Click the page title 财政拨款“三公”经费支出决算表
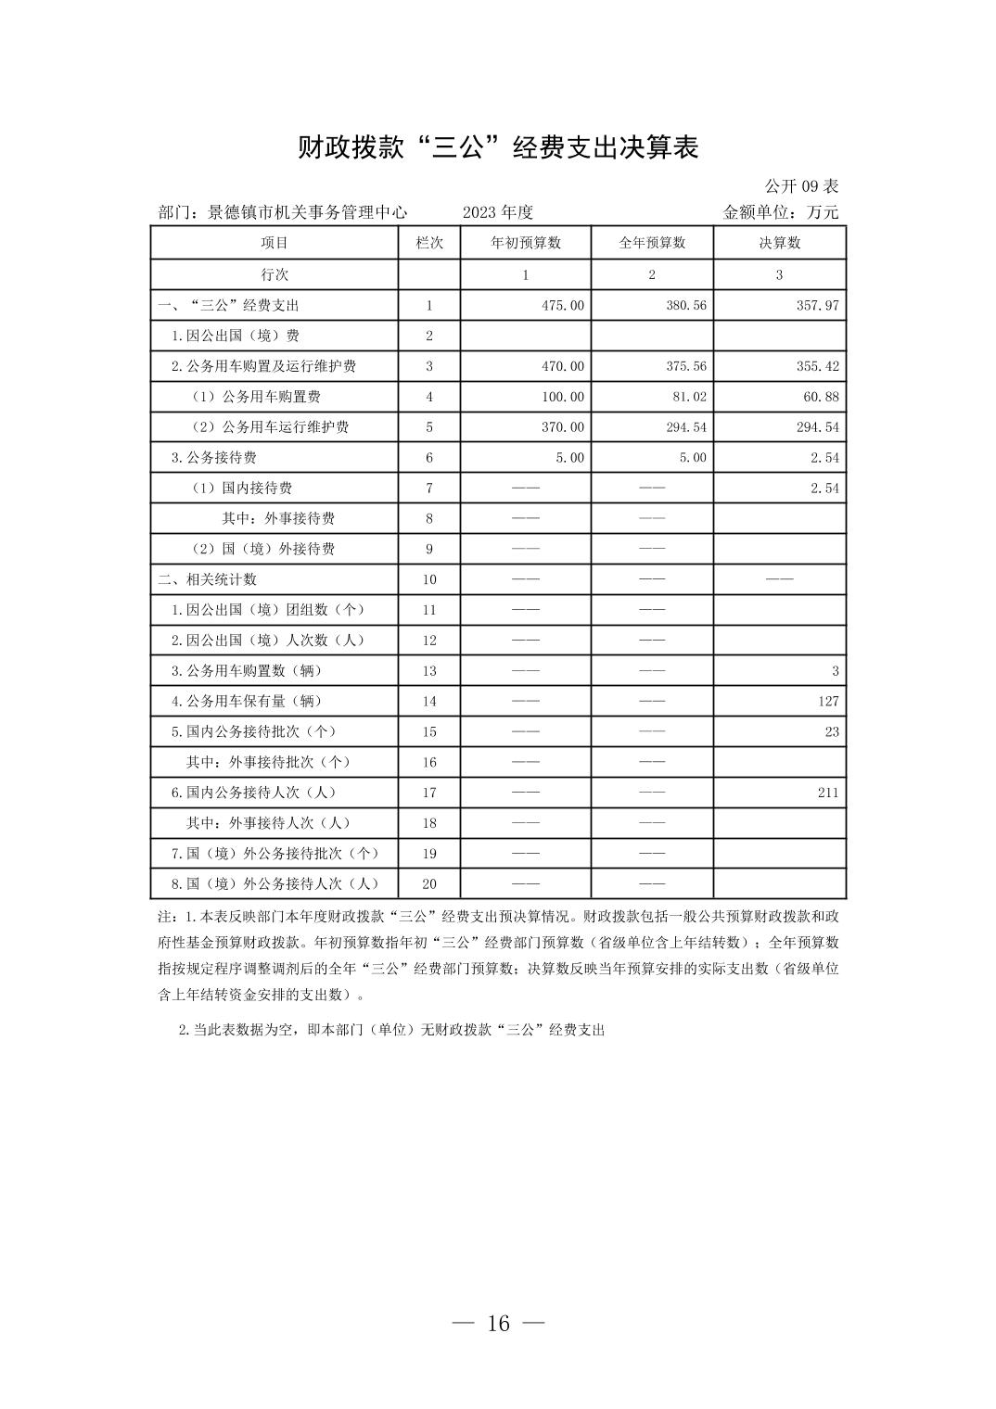pos(497,147)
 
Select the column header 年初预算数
pos(525,243)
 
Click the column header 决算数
pos(779,243)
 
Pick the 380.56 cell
pos(685,305)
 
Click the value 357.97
pos(817,305)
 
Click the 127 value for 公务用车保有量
pos(828,701)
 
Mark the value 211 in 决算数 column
pos(828,793)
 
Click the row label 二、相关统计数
pos(207,579)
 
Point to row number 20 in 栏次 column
pos(428,884)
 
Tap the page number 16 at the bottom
pos(498,1324)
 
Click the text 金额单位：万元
pos(780,212)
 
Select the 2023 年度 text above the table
pos(498,212)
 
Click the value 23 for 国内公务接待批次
pos(832,731)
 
